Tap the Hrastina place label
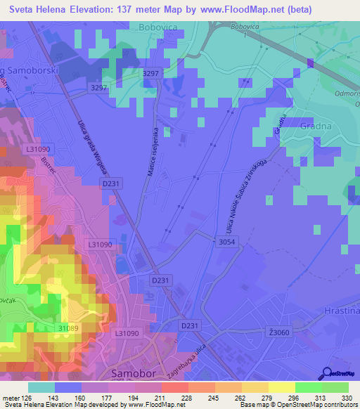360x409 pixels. (343, 311)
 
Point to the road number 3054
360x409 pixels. (226, 242)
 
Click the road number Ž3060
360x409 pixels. (279, 332)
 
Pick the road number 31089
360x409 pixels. (68, 328)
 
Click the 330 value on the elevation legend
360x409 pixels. (347, 398)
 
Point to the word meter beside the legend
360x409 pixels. (11, 398)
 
